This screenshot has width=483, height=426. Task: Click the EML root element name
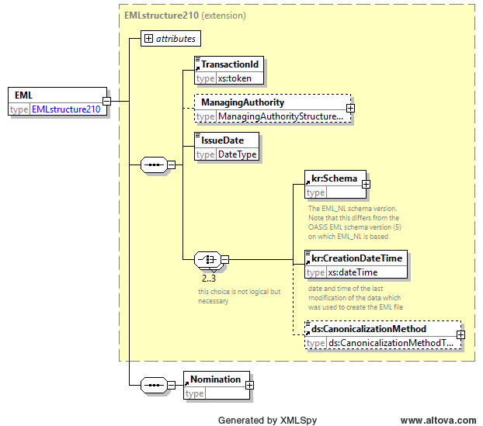click(x=23, y=95)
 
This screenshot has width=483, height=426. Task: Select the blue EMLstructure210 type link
click(x=66, y=109)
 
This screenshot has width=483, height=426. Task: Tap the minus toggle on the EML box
click(x=106, y=101)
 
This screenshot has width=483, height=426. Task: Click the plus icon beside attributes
click(x=148, y=39)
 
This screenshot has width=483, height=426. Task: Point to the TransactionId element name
click(x=230, y=64)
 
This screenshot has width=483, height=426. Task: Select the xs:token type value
click(x=235, y=78)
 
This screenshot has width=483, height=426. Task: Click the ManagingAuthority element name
click(x=243, y=102)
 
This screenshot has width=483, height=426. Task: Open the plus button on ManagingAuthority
click(x=350, y=108)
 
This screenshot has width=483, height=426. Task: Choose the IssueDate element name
click(x=222, y=140)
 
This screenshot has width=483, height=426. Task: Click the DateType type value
click(x=237, y=154)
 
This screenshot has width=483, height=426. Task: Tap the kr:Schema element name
click(x=334, y=178)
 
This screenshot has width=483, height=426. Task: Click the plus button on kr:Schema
click(x=366, y=184)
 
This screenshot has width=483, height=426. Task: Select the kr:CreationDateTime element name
click(x=356, y=258)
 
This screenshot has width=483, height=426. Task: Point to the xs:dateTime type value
click(x=353, y=272)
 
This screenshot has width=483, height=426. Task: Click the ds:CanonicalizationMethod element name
click(x=369, y=329)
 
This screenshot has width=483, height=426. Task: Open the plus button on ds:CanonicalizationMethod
click(x=460, y=334)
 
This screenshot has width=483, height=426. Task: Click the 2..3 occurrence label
click(x=209, y=279)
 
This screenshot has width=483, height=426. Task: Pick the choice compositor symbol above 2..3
click(x=208, y=259)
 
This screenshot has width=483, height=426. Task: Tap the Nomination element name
click(x=215, y=379)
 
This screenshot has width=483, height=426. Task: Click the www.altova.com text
click(x=438, y=421)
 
